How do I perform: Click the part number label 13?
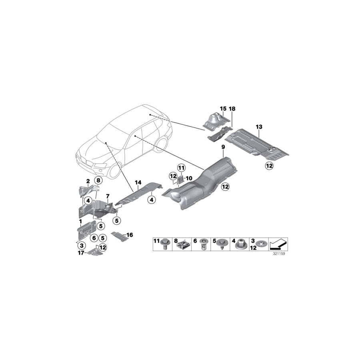(x=259, y=127)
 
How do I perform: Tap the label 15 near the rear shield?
(x=223, y=108)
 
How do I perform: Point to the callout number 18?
(x=233, y=108)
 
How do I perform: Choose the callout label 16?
(x=129, y=235)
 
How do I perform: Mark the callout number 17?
(x=81, y=253)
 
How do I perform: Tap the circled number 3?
(x=82, y=245)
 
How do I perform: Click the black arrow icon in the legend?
(x=278, y=243)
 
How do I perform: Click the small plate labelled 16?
(x=118, y=236)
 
